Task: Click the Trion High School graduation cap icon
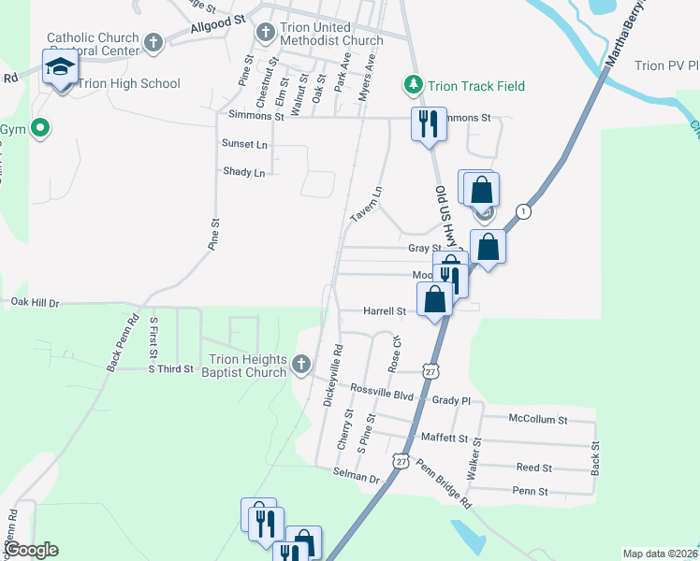60,67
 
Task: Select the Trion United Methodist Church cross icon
266,33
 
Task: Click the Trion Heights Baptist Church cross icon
300,363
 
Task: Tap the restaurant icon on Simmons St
429,122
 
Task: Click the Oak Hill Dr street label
34,303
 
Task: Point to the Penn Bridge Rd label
445,478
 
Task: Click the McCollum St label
538,420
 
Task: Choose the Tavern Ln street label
367,204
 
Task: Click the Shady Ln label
244,172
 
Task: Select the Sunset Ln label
244,144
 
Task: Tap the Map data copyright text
660,554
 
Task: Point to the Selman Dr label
356,478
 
